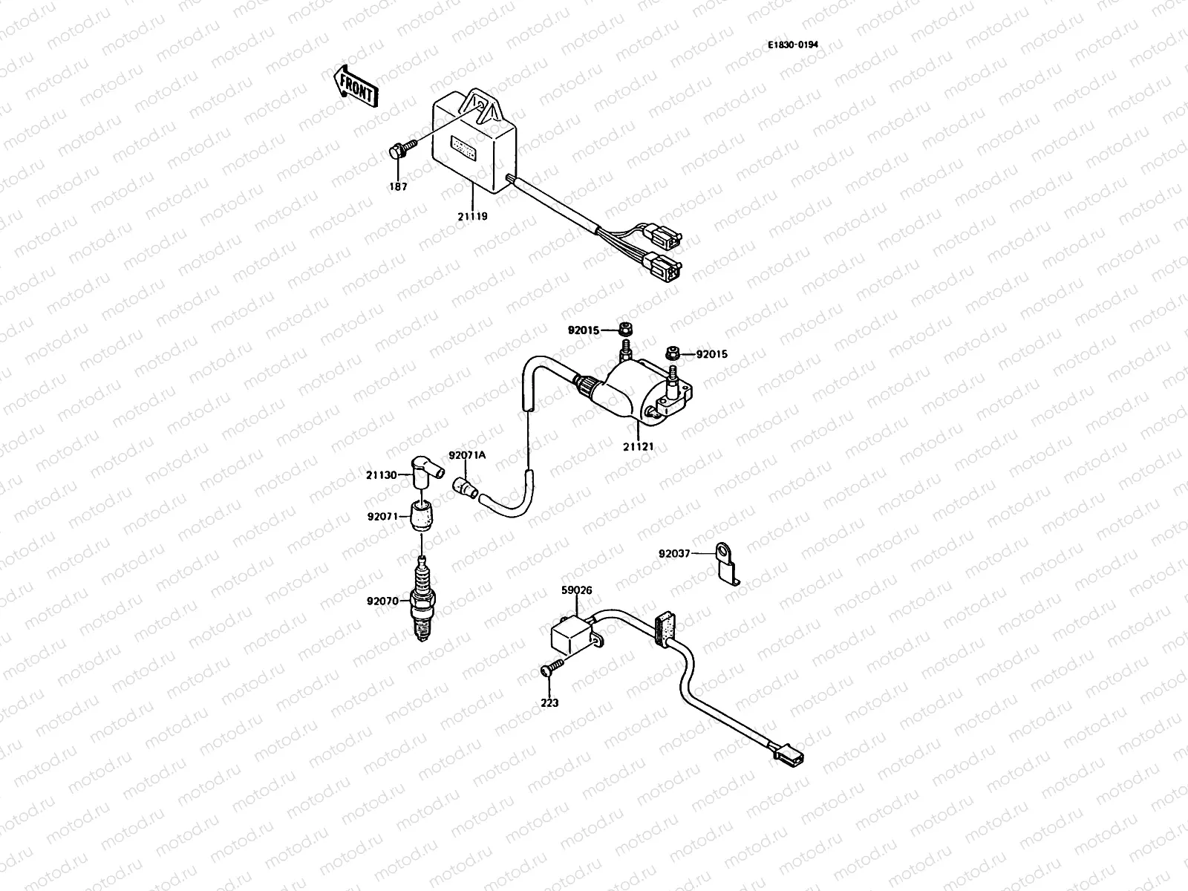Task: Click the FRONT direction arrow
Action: tap(356, 84)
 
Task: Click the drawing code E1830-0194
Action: tap(793, 45)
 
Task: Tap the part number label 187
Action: tap(398, 187)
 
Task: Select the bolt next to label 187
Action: tap(396, 151)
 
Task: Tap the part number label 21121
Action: tap(638, 447)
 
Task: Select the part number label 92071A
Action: tap(466, 455)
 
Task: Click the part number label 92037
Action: tap(675, 552)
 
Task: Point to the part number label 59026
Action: tap(576, 592)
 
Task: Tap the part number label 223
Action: tap(549, 702)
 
